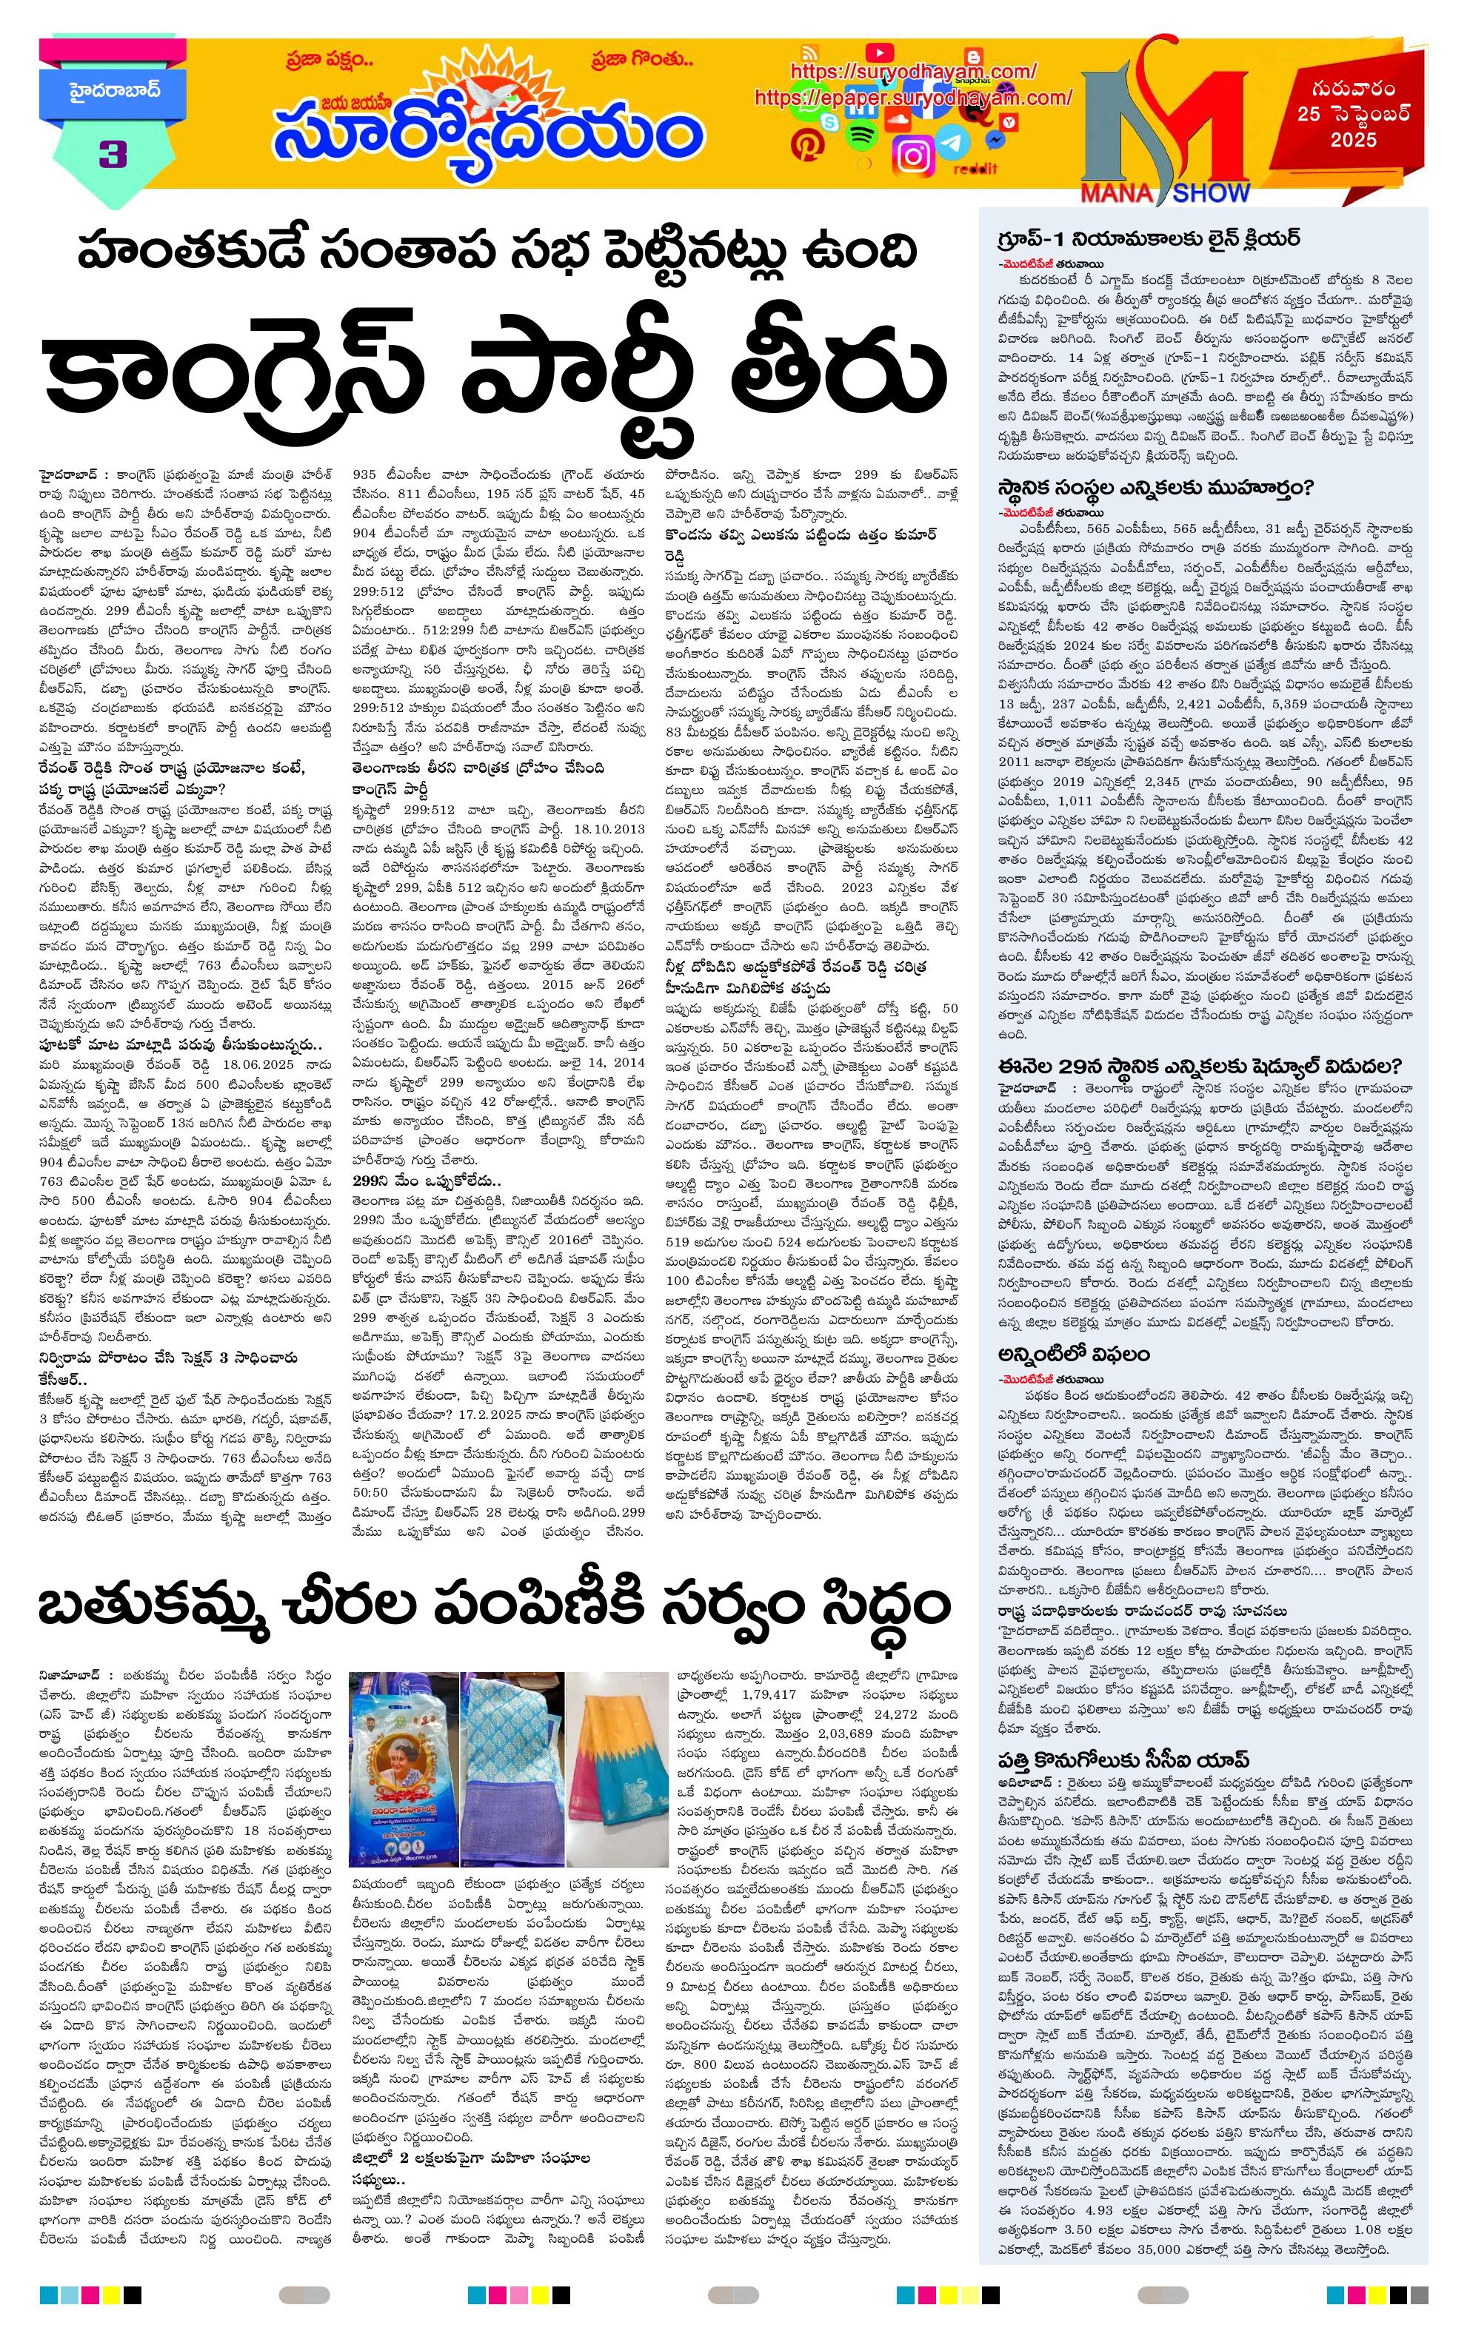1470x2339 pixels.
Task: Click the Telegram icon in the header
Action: pyautogui.click(x=953, y=142)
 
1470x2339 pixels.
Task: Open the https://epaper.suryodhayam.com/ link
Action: pyautogui.click(x=912, y=98)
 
